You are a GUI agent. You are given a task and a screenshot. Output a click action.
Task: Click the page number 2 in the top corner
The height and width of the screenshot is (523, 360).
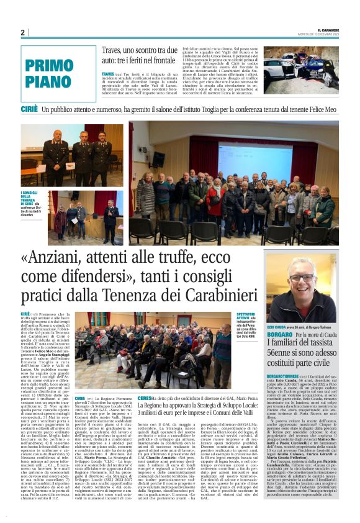pos(22,32)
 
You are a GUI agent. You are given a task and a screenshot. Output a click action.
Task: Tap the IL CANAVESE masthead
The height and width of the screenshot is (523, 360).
pos(325,29)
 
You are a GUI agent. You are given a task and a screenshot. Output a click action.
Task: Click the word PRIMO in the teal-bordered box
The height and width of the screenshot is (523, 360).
pos(50,66)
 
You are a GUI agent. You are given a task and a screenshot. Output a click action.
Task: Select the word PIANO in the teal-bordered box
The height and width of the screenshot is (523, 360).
pos(50,81)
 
